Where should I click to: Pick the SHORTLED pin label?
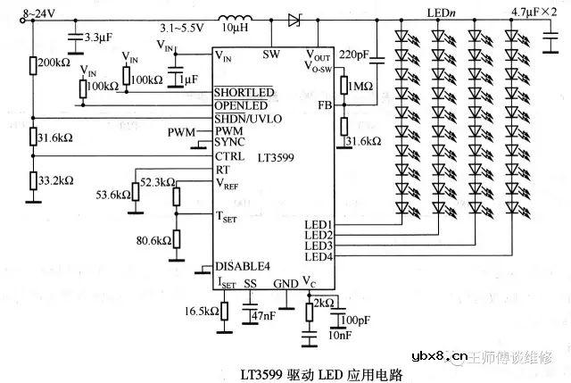tap(242, 94)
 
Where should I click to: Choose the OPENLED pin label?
tap(240, 106)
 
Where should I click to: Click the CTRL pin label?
tap(228, 155)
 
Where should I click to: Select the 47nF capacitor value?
tap(265, 315)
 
